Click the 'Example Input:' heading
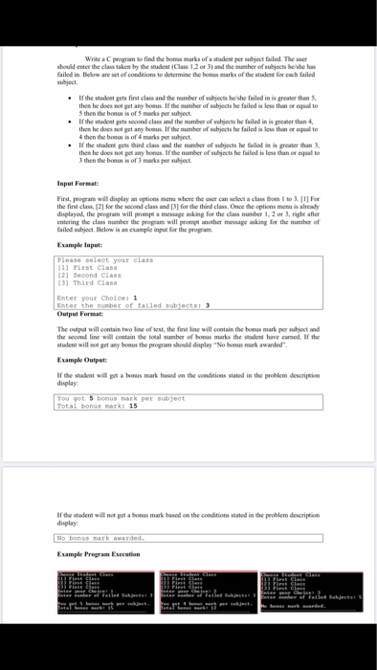79,245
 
